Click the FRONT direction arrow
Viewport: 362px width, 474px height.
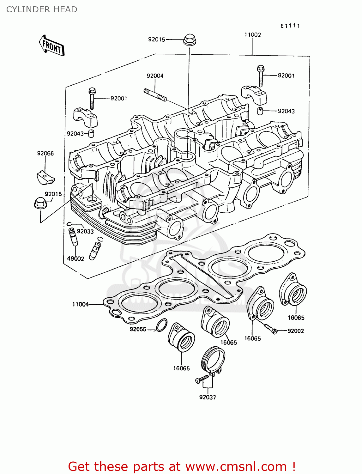coord(51,46)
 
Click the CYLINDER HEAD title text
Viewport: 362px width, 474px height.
coord(42,9)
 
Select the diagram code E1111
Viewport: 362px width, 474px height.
coord(290,26)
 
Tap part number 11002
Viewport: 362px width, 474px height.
coord(252,35)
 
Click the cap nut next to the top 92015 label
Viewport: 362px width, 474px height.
coord(189,40)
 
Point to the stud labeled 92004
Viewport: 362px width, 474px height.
coord(155,95)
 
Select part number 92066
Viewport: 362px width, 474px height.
coord(45,154)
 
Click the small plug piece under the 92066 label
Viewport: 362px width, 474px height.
coord(45,177)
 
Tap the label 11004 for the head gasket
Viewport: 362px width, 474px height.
coord(80,304)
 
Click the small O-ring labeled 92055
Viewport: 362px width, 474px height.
coord(162,325)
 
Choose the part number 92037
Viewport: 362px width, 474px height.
coord(208,397)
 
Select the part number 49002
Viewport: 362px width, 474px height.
coord(75,258)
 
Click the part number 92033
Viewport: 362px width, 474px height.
coord(85,231)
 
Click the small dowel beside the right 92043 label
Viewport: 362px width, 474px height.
coord(260,111)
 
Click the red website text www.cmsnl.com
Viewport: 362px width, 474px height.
coord(236,466)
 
